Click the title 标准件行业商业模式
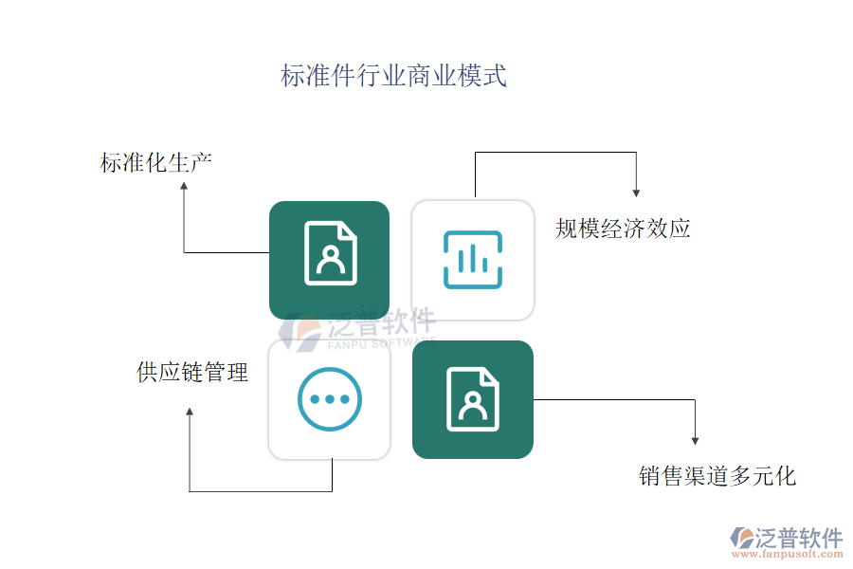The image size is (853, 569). tap(394, 76)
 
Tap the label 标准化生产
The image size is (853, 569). tap(156, 162)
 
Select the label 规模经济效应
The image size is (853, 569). tap(623, 229)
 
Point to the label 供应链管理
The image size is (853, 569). tap(192, 373)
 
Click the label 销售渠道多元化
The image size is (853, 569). tap(717, 476)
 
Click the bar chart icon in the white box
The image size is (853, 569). tap(473, 260)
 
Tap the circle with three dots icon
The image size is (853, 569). tap(330, 399)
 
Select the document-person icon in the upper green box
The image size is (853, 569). tap(331, 253)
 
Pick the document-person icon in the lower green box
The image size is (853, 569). tap(473, 399)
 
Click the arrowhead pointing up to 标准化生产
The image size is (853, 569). tap(184, 186)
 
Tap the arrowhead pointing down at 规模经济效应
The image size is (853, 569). tap(636, 193)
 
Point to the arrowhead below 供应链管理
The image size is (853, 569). tap(190, 412)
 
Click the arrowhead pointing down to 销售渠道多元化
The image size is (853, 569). tap(695, 441)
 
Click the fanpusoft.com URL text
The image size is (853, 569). tap(788, 554)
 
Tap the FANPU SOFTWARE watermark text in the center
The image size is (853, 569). tap(382, 343)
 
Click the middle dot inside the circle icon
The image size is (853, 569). tap(330, 399)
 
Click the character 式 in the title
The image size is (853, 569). tap(495, 76)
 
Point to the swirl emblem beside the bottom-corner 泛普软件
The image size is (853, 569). tap(742, 538)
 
